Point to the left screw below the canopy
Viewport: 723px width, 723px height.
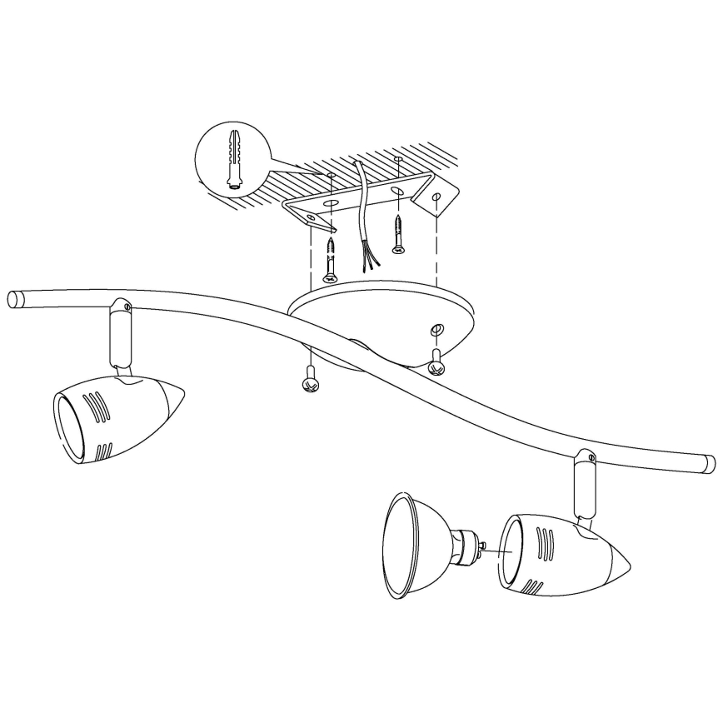(x=310, y=379)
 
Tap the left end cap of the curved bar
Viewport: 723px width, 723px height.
(x=16, y=299)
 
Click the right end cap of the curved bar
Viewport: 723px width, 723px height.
(x=709, y=463)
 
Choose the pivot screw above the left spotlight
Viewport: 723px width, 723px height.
(x=126, y=307)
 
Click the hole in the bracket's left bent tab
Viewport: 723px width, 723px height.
(x=313, y=219)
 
